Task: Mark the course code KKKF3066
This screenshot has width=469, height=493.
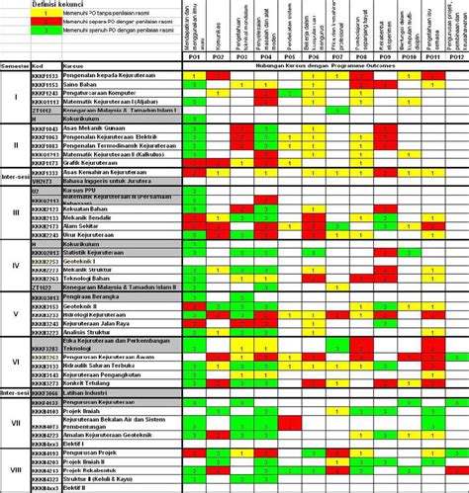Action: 45,394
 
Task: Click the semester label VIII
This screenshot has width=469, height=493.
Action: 14,470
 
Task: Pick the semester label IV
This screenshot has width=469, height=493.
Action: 14,264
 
